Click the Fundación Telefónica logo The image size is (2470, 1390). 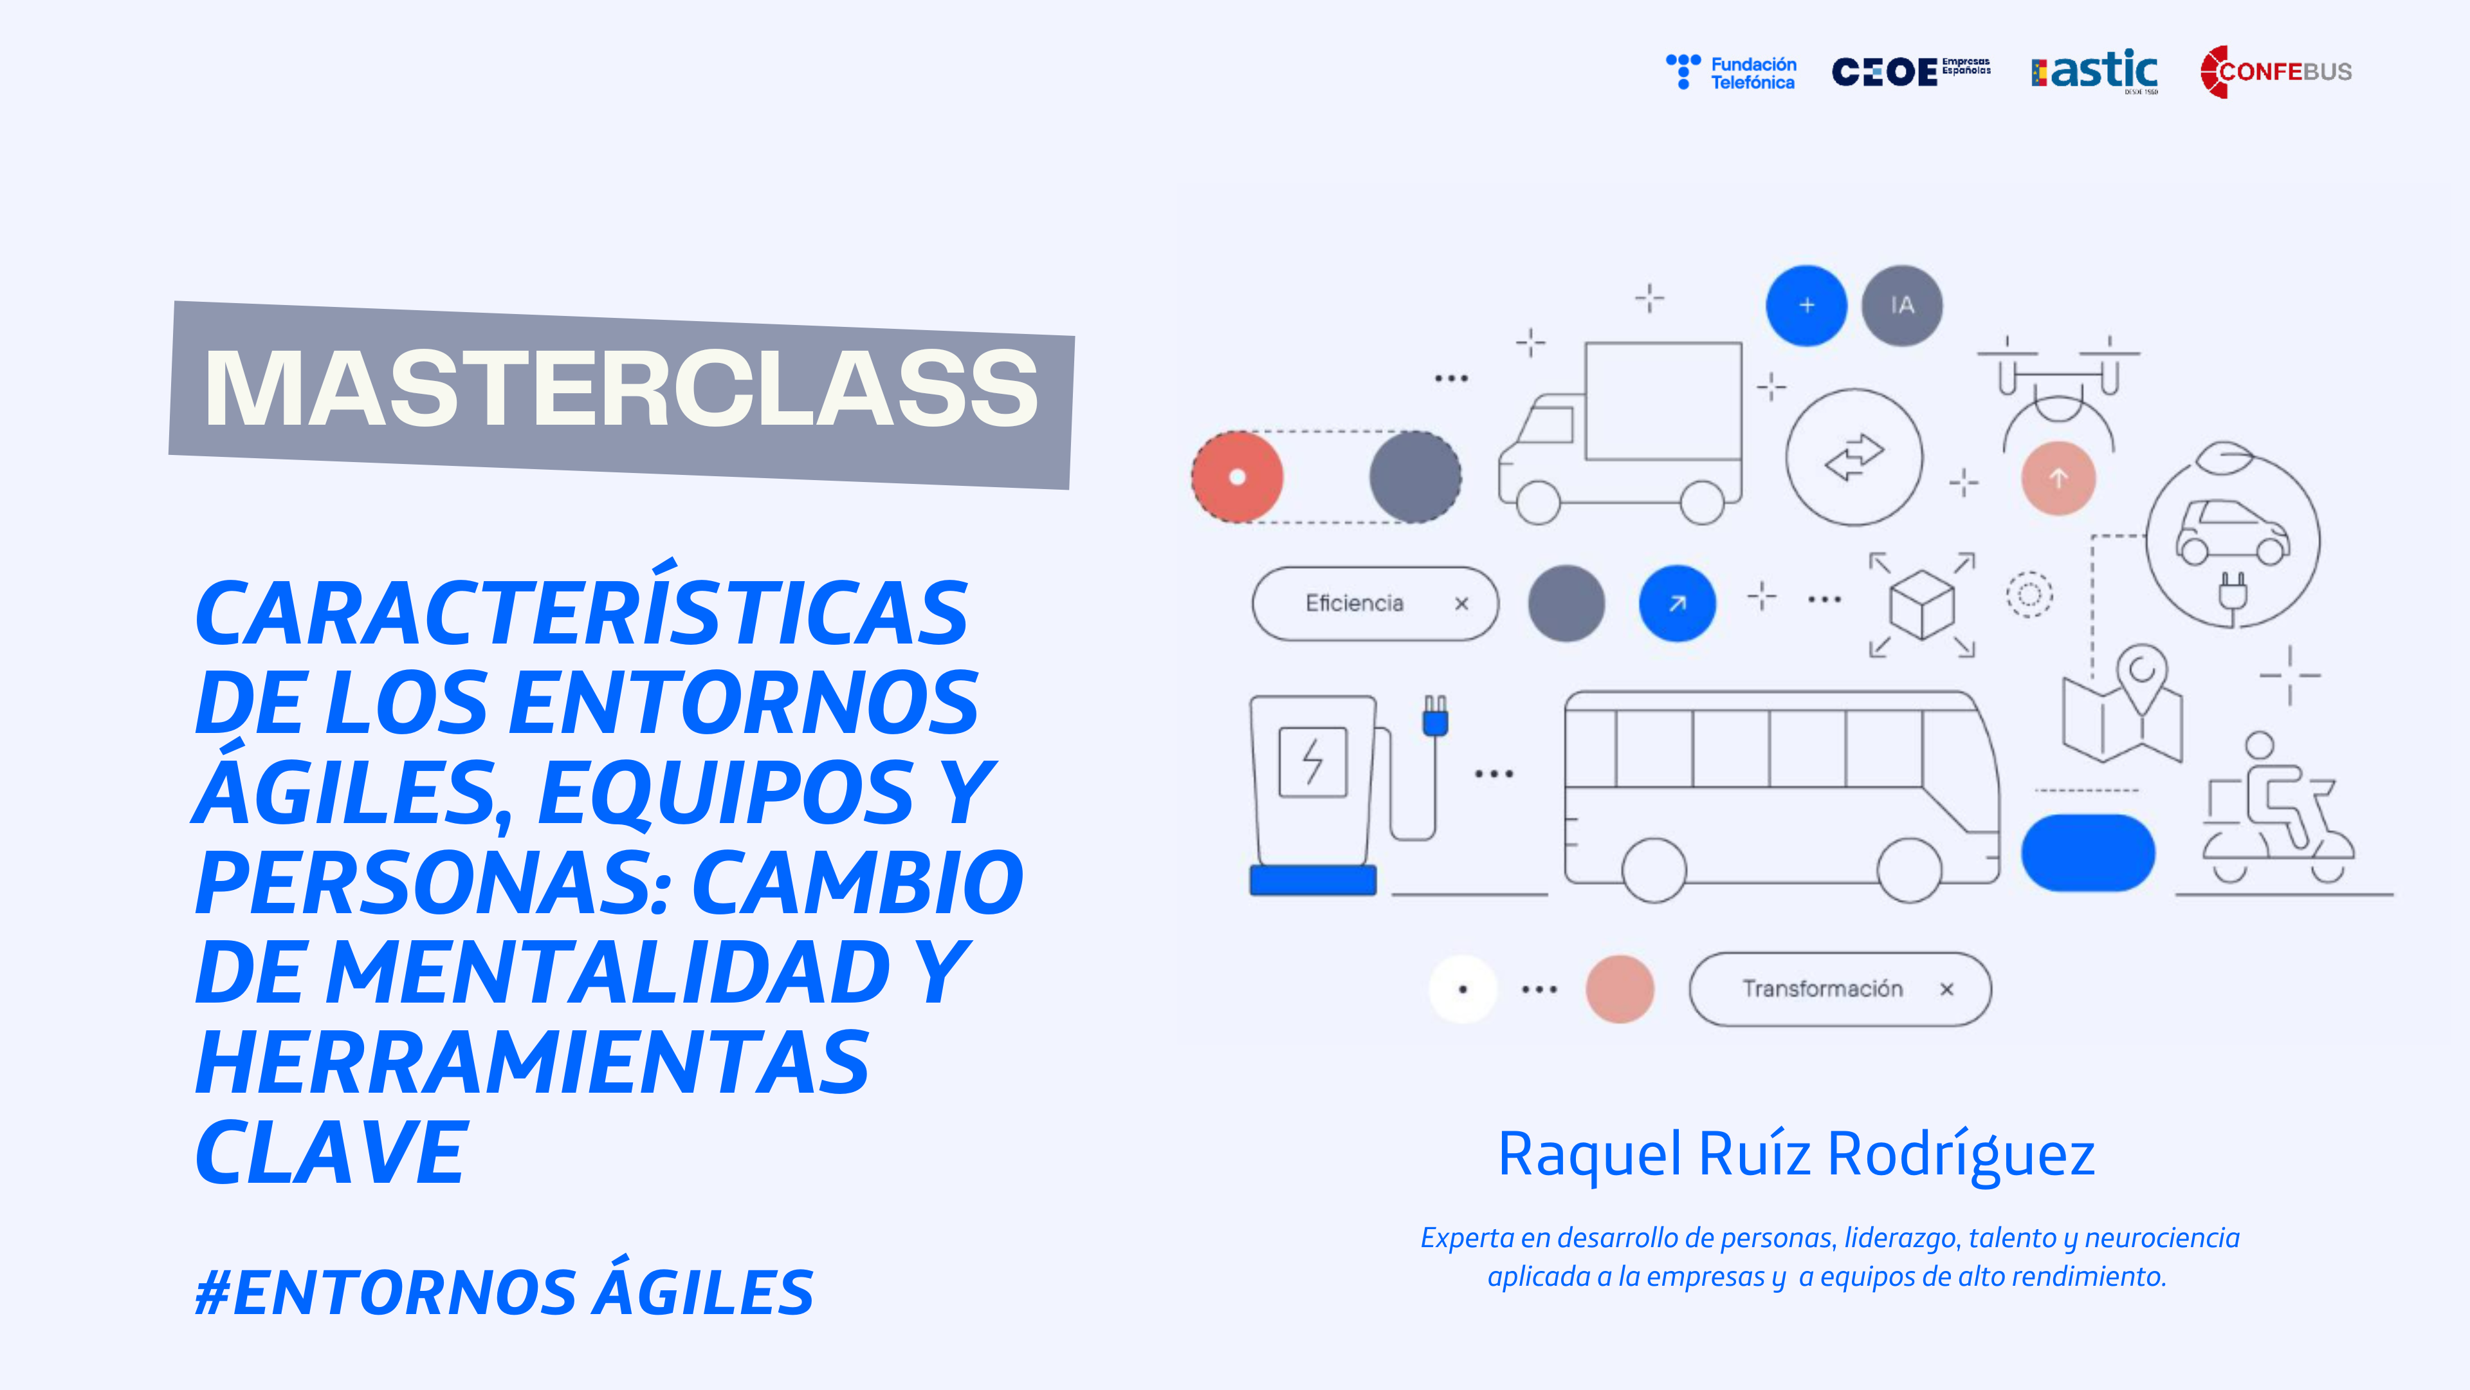click(x=1732, y=72)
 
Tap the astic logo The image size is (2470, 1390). click(x=2095, y=71)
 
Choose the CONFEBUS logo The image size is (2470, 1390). click(x=2275, y=71)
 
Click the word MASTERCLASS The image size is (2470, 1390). click(x=621, y=389)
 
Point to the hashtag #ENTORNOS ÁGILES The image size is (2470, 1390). click(x=504, y=1291)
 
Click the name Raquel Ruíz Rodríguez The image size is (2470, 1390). click(x=1796, y=1154)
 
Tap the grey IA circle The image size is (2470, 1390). click(x=1903, y=305)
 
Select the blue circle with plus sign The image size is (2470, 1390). click(x=1806, y=305)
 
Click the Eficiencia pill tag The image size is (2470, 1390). click(x=1376, y=604)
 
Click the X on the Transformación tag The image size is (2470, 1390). click(x=1946, y=989)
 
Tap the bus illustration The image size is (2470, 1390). click(x=1782, y=795)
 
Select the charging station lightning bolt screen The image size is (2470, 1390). click(x=1313, y=763)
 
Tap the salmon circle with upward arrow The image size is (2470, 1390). click(x=2058, y=477)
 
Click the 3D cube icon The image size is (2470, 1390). click(x=1921, y=604)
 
